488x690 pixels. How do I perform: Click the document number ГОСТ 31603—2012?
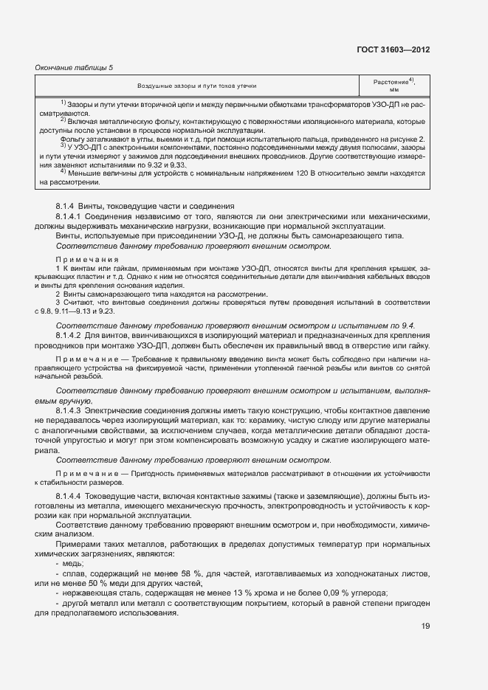(393, 49)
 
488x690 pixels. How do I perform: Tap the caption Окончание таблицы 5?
(75, 68)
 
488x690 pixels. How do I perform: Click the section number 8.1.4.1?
(72, 217)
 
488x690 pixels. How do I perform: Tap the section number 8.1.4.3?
(72, 409)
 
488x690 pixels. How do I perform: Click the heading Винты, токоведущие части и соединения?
(163, 206)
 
